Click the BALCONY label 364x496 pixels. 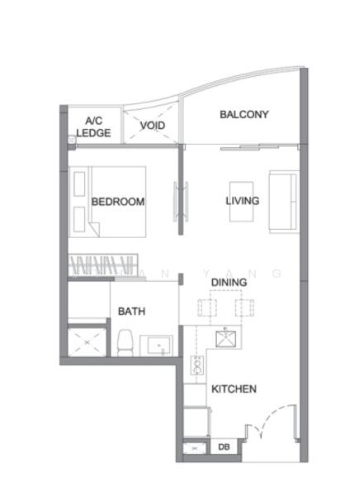tap(244, 114)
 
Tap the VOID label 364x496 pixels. tap(153, 126)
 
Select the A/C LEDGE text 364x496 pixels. tap(93, 126)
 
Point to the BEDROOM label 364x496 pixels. tap(118, 202)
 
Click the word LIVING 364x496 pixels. tap(243, 201)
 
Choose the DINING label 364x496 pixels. tap(229, 282)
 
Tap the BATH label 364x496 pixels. tap(131, 312)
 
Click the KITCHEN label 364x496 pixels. tap(234, 389)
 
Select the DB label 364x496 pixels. tap(224, 447)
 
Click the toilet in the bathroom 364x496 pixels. tap(125, 343)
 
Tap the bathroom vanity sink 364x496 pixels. tap(156, 346)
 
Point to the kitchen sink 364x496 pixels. tap(225, 339)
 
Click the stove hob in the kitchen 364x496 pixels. tap(197, 365)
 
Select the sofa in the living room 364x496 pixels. tap(283, 202)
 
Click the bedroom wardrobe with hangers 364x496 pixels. tap(103, 265)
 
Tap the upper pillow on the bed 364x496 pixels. tap(79, 184)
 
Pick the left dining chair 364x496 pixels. tap(208, 308)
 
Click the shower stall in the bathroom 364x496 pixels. tap(87, 342)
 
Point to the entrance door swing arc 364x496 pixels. tap(274, 415)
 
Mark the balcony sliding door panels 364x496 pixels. tap(259, 147)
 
